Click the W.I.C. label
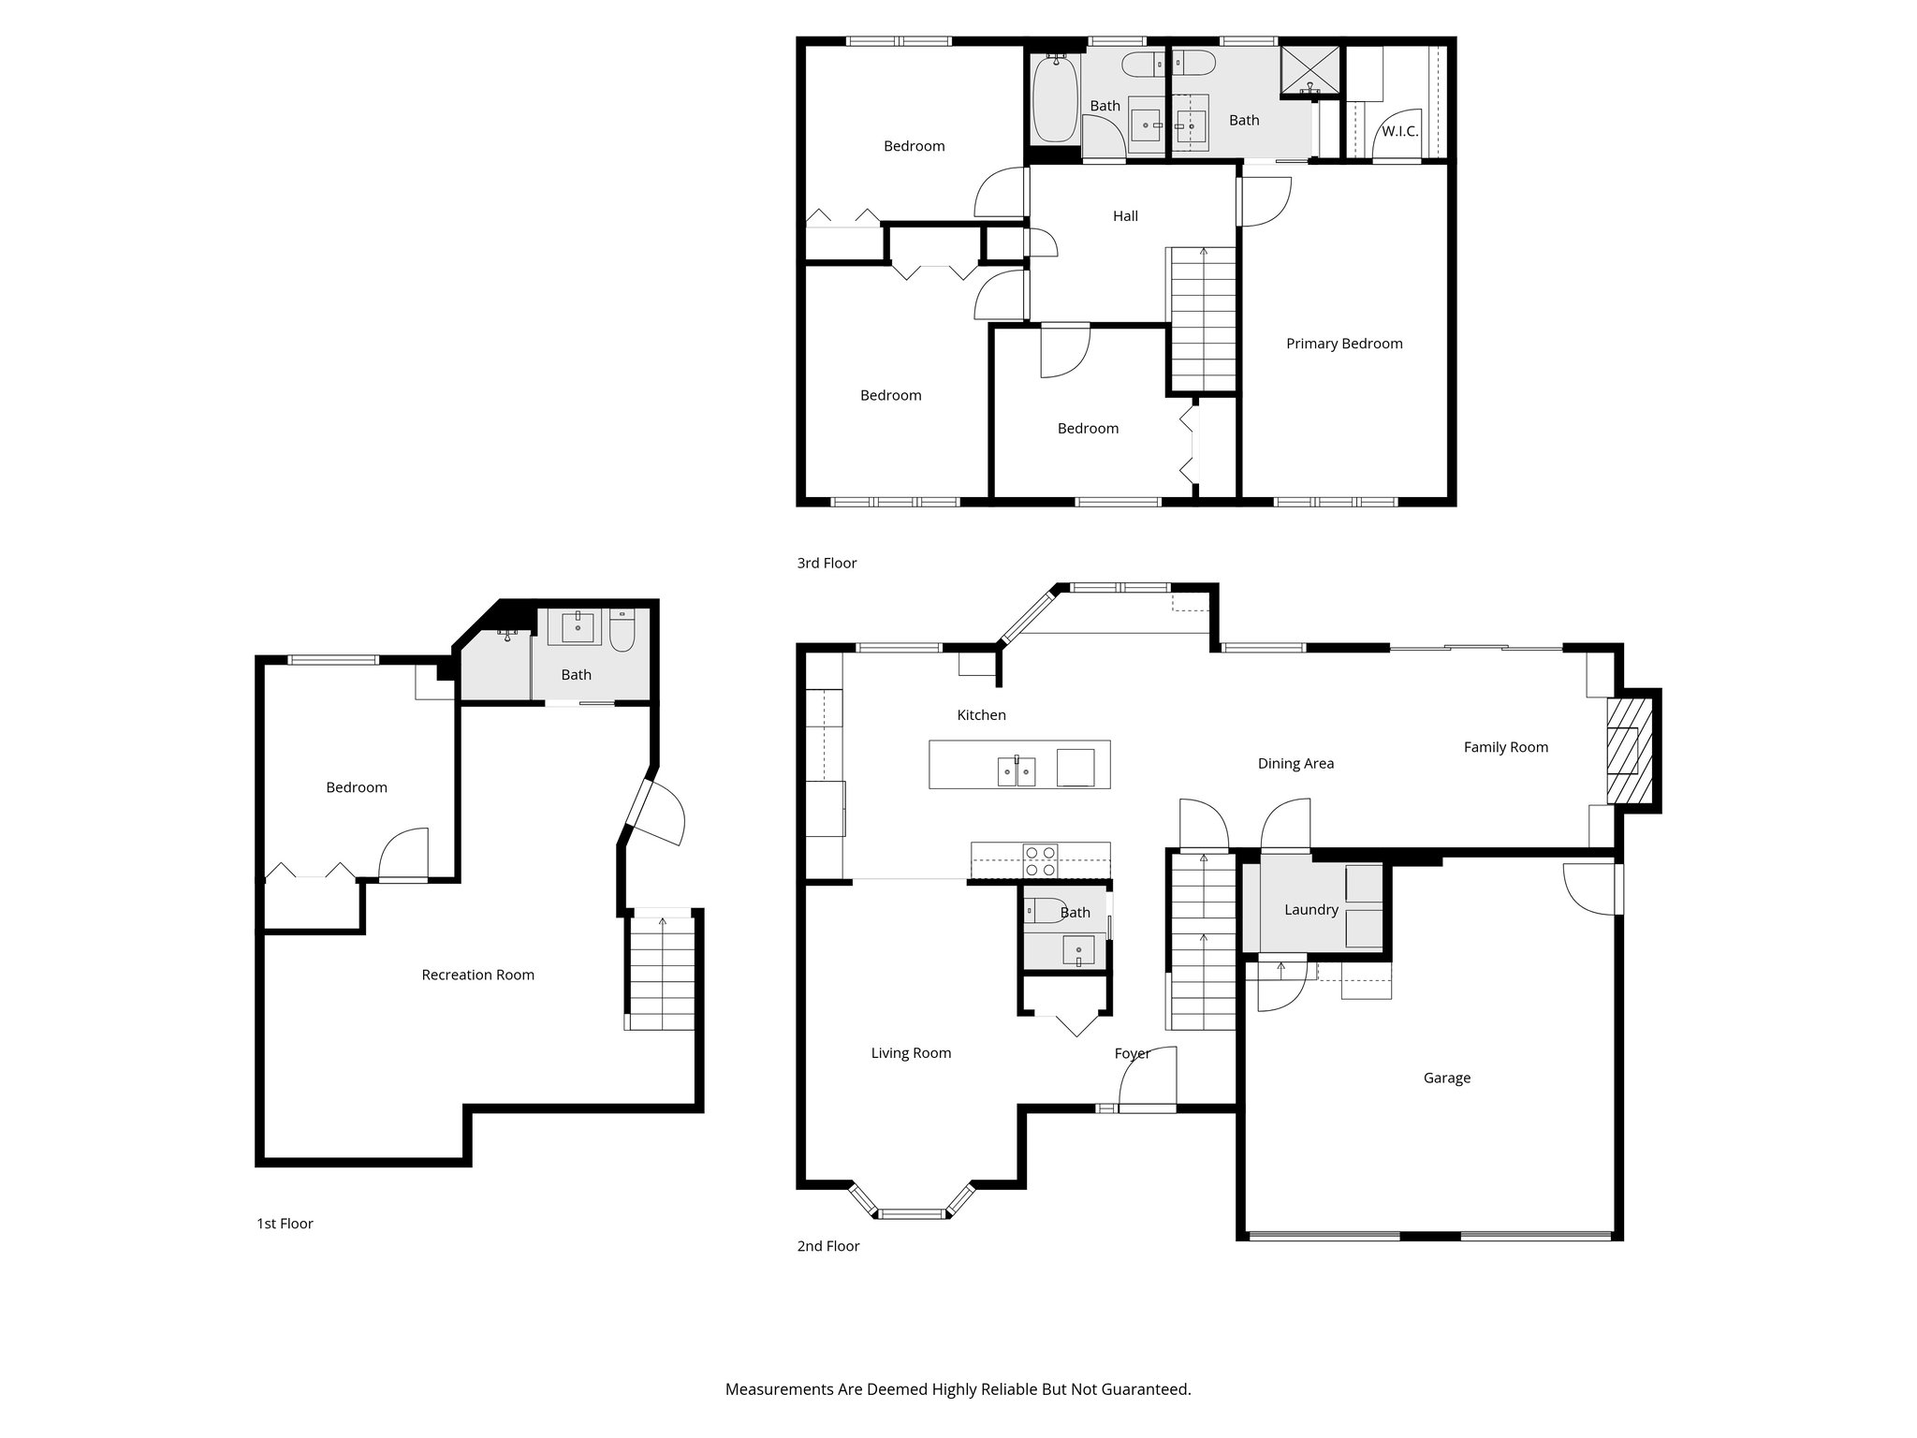tap(1399, 132)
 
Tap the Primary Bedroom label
tap(1344, 344)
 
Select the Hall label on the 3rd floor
tap(1125, 216)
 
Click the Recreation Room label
tap(477, 975)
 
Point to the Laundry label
tap(1310, 909)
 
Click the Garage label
tap(1446, 1078)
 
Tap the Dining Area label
tap(1295, 764)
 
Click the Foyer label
tap(1132, 1054)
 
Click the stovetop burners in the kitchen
tap(1040, 860)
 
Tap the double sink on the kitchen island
tap(1017, 772)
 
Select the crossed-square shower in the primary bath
tap(1310, 69)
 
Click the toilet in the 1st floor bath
tap(622, 630)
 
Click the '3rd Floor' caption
tap(827, 563)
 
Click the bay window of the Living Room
tap(913, 1213)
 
